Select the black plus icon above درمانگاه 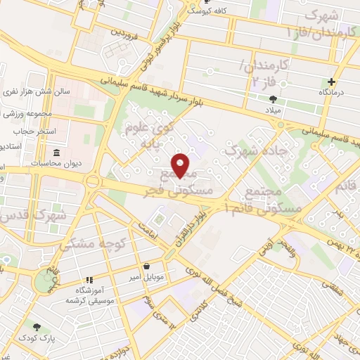coord(331,81)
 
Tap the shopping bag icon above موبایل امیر coord(146,266)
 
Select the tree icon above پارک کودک coord(37,327)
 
